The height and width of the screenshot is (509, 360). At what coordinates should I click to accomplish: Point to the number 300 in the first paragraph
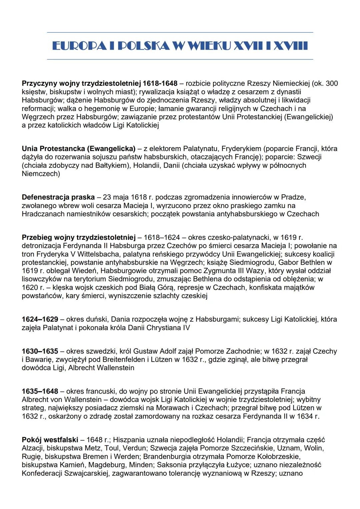[x=332, y=83]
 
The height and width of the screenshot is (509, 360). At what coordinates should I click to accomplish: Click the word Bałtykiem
[x=112, y=165]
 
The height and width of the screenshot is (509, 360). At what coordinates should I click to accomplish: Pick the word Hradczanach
[x=43, y=214]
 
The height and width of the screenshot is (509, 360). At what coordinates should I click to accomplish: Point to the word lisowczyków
[x=42, y=279]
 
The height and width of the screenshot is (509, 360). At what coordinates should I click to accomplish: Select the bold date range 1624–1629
[x=40, y=319]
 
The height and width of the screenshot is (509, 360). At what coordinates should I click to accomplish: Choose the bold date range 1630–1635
[x=40, y=351]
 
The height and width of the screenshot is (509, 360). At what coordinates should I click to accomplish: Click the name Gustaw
[x=145, y=351]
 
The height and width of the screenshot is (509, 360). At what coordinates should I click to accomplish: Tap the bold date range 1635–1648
[x=40, y=391]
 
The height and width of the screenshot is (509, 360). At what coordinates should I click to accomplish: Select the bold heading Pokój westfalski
[x=50, y=440]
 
